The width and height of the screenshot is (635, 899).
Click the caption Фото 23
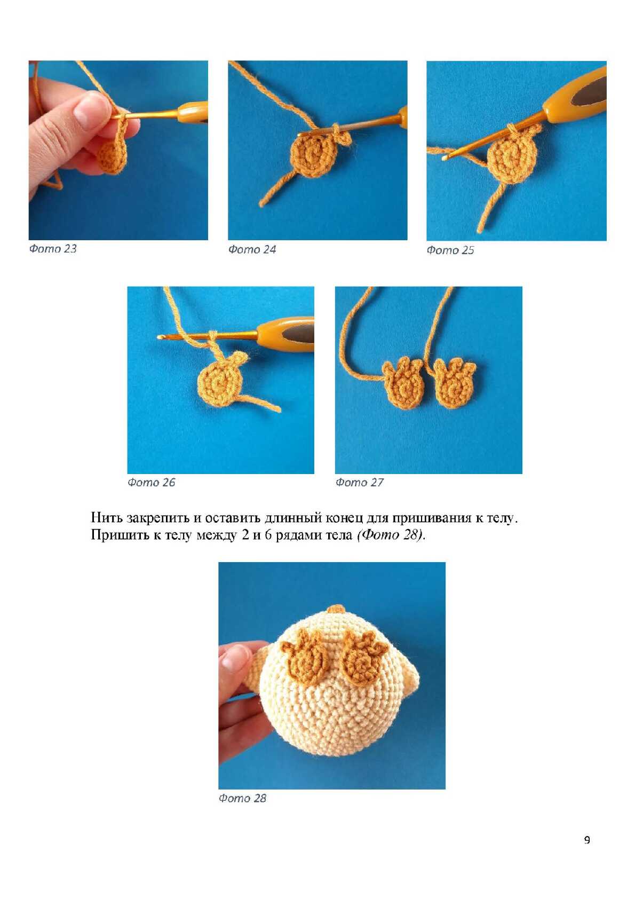point(52,249)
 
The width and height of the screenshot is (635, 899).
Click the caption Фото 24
point(252,250)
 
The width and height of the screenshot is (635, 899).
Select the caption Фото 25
point(450,250)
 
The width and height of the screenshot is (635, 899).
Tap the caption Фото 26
point(151,483)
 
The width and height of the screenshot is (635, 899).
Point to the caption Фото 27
point(360,483)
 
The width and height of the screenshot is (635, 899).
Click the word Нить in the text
point(106,518)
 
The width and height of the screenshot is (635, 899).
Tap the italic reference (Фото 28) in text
point(390,535)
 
